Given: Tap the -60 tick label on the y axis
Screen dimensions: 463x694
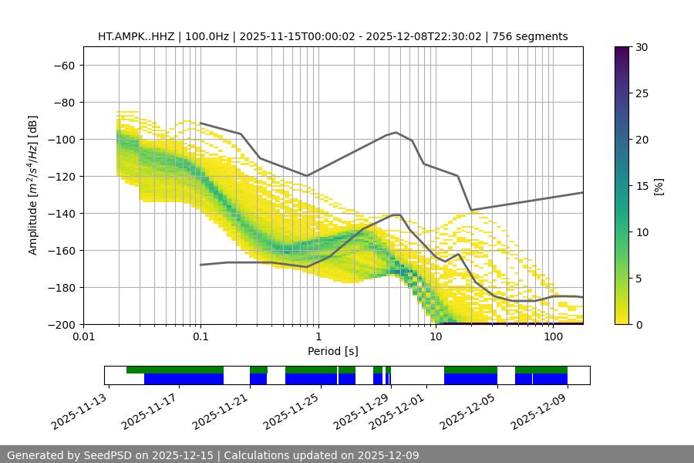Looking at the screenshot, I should point(64,65).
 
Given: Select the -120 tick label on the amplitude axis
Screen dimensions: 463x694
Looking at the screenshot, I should point(61,176).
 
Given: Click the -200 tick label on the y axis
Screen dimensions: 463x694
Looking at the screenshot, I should point(61,324).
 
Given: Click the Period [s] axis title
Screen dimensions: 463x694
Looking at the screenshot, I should point(332,351).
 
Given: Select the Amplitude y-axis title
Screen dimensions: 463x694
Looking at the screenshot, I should point(33,185).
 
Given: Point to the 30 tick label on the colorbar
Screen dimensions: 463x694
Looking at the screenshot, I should point(642,47).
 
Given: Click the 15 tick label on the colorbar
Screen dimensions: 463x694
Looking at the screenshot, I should point(642,186).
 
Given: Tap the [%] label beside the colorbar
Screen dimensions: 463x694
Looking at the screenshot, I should point(659,186).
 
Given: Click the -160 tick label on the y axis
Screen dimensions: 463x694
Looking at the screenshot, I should point(61,250).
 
